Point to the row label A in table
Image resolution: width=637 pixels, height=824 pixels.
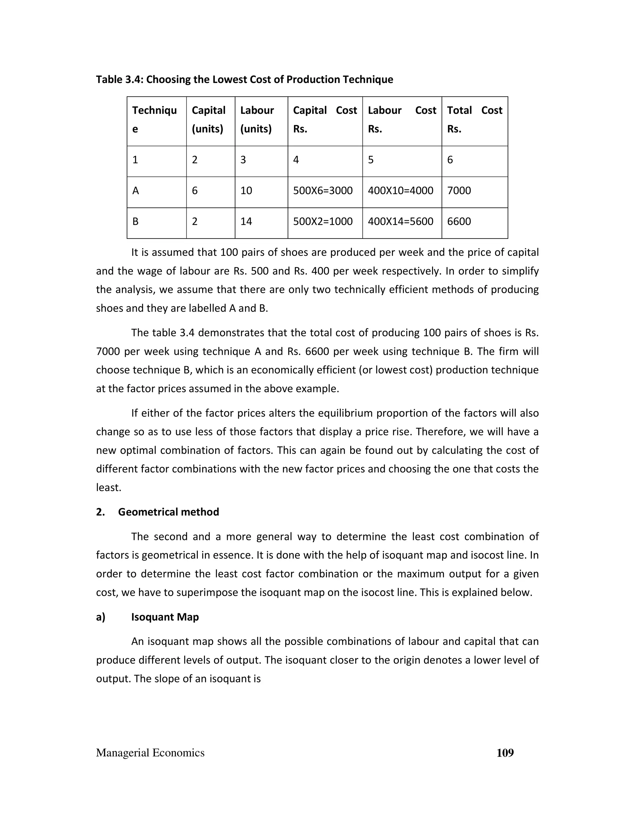(x=136, y=191)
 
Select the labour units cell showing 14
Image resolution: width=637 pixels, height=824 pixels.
(x=246, y=221)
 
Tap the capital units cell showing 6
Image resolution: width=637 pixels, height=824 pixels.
(x=195, y=191)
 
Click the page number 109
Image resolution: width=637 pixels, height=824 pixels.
(x=505, y=753)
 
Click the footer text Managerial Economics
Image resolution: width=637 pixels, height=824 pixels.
(x=150, y=753)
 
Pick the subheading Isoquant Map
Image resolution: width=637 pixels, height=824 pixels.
(x=165, y=617)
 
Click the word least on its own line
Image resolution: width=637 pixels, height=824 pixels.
(x=109, y=488)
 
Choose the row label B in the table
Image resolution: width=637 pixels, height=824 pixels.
(x=136, y=221)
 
